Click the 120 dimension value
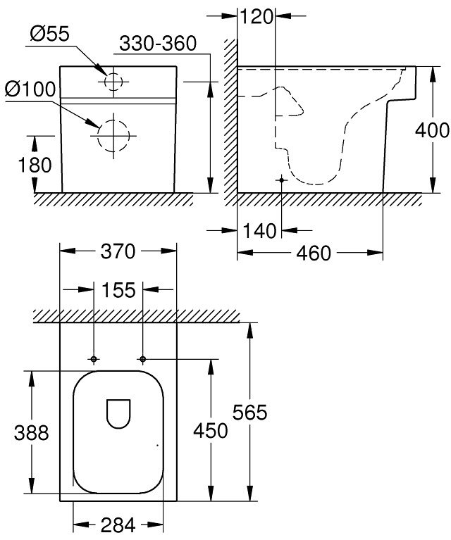(257, 16)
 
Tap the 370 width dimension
(118, 251)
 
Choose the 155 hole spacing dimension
(118, 289)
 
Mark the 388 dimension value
(32, 432)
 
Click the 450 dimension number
(211, 431)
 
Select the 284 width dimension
(118, 525)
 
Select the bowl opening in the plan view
(118, 413)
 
